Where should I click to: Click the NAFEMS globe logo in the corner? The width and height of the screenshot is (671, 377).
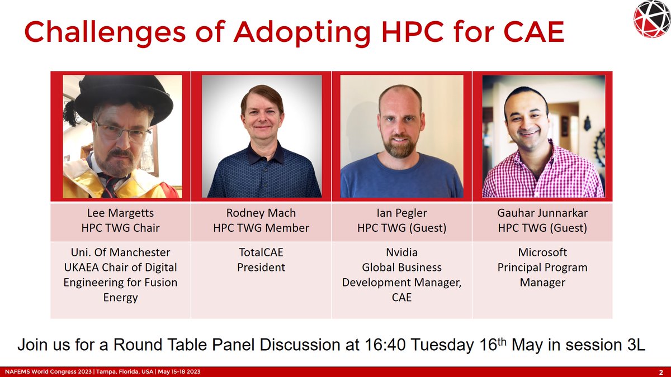pyautogui.click(x=651, y=20)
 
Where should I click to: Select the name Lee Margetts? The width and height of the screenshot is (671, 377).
pyautogui.click(x=121, y=213)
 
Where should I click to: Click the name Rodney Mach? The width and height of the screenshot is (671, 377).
pyautogui.click(x=261, y=213)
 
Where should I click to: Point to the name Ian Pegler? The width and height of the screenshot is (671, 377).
pyautogui.click(x=401, y=213)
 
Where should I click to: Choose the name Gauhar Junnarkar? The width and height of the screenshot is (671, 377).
pyautogui.click(x=542, y=213)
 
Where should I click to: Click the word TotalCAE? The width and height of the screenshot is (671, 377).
pyautogui.click(x=261, y=252)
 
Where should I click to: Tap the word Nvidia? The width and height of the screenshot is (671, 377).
pyautogui.click(x=401, y=252)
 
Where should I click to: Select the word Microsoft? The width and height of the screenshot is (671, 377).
pyautogui.click(x=542, y=252)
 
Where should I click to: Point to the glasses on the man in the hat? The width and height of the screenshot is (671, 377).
pyautogui.click(x=122, y=132)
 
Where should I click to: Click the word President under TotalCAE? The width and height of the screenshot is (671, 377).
pyautogui.click(x=261, y=268)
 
